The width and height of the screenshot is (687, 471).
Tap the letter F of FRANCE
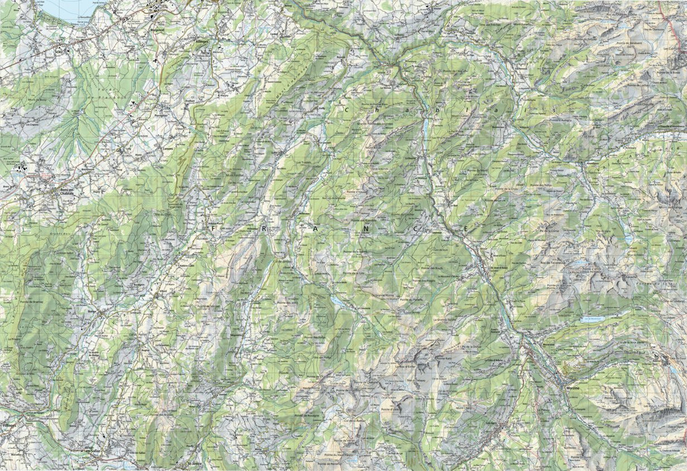214,228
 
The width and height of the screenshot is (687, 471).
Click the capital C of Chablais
346,108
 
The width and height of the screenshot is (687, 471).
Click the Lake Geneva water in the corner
69,9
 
